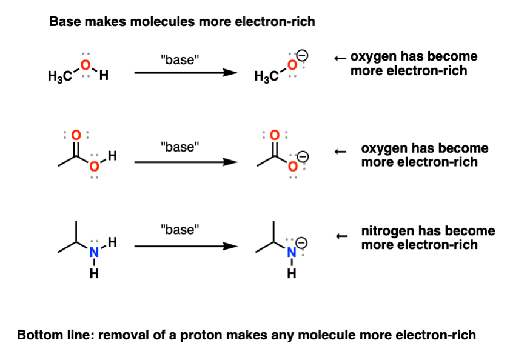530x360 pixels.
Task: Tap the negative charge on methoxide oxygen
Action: [302, 56]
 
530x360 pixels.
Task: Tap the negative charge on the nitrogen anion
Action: [302, 244]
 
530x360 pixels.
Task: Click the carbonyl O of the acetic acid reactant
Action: [76, 135]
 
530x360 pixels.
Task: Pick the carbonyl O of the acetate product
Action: [274, 135]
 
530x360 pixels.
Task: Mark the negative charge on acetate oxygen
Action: [302, 157]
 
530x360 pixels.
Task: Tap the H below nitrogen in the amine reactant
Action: [93, 275]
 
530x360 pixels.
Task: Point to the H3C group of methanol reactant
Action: [61, 78]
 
